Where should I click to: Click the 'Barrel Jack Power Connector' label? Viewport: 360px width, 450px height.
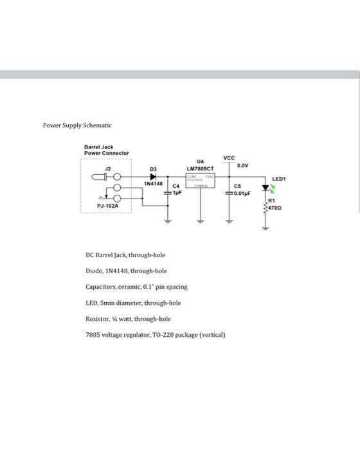[106, 150]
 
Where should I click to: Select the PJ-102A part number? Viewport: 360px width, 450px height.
[107, 206]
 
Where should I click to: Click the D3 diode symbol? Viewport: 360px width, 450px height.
[152, 176]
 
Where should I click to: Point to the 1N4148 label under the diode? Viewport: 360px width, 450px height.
[152, 184]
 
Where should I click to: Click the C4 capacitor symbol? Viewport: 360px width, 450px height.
[169, 192]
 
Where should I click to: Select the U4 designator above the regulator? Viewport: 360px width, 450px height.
[199, 162]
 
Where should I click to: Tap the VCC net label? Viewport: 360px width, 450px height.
[229, 157]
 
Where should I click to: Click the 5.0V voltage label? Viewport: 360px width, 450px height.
[242, 165]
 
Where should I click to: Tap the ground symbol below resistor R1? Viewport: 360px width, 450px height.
[266, 224]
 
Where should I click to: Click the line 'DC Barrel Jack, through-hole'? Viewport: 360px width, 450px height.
[125, 255]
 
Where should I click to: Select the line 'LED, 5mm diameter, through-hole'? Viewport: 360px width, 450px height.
[133, 303]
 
